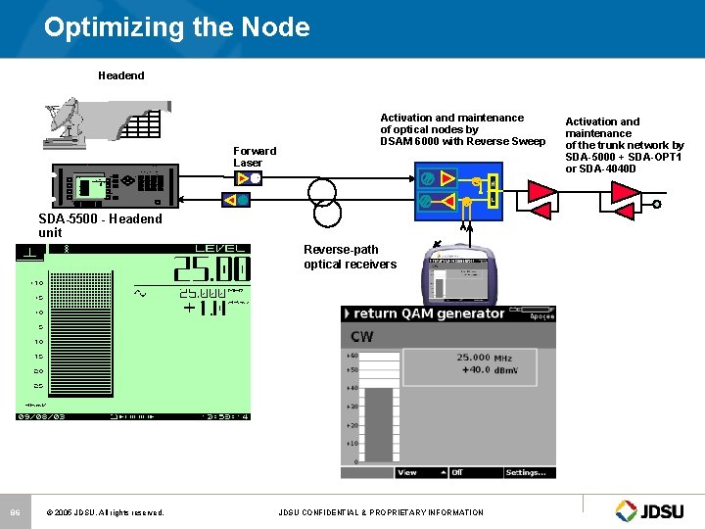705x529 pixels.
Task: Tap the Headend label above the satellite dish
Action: tap(120, 75)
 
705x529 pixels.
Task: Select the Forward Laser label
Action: tap(255, 157)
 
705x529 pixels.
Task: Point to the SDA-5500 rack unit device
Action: tap(115, 186)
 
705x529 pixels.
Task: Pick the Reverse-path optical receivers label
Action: tap(350, 257)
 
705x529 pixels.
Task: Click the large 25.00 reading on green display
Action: tap(211, 269)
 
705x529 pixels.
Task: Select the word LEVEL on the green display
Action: tap(221, 248)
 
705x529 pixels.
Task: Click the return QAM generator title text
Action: tap(429, 313)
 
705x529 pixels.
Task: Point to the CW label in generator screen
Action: tap(361, 337)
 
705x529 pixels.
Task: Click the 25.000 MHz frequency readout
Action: tap(484, 358)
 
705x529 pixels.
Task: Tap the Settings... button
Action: tap(526, 472)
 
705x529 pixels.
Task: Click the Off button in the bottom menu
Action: tap(457, 472)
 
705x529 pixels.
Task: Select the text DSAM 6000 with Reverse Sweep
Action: tap(462, 142)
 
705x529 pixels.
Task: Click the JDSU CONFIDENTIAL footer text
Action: tap(380, 512)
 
